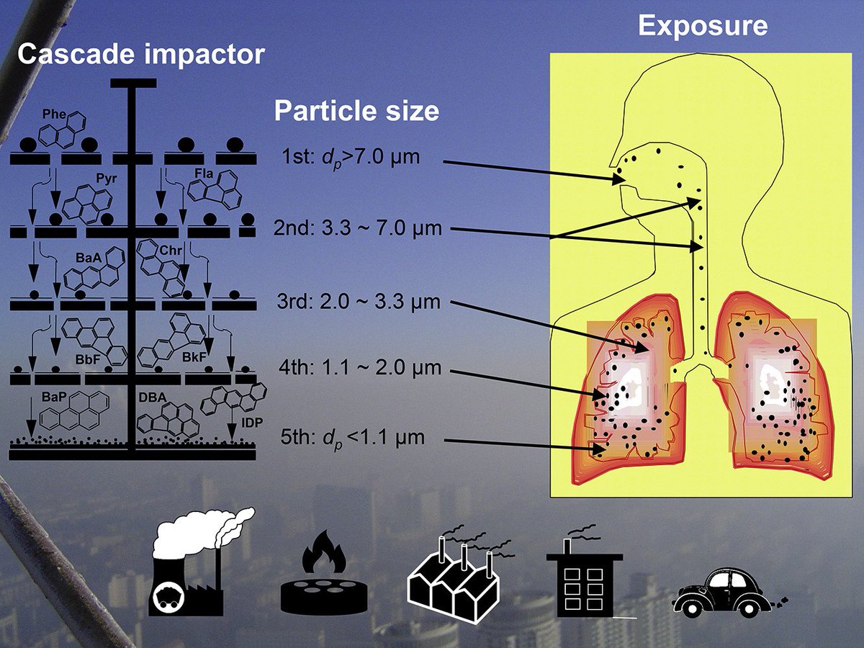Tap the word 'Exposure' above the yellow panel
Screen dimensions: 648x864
pyautogui.click(x=703, y=26)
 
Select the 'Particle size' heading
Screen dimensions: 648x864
pyautogui.click(x=356, y=111)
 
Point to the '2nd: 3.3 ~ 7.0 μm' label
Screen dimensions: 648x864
pyautogui.click(x=357, y=230)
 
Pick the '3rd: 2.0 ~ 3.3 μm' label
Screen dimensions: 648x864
pyautogui.click(x=357, y=301)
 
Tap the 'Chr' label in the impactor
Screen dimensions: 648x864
pyautogui.click(x=171, y=250)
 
